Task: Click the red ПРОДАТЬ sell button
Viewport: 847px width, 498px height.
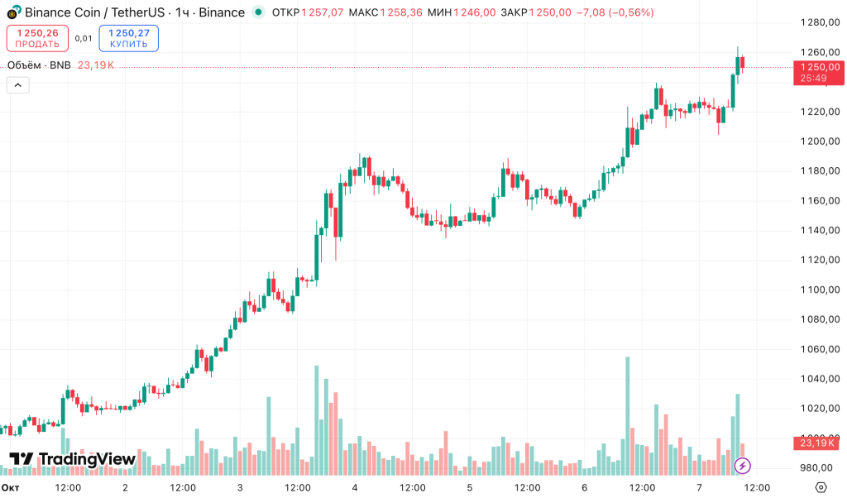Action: coord(37,38)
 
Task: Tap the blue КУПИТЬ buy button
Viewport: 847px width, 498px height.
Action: coord(128,38)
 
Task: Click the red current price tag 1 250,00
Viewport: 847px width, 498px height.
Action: coord(816,72)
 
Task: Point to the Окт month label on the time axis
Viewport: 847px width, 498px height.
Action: coord(10,487)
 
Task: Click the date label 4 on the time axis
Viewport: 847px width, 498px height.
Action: coord(355,487)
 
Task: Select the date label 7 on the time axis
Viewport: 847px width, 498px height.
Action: coord(700,487)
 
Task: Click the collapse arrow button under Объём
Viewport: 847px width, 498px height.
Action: coord(17,84)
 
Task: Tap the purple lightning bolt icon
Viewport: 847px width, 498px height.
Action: coord(743,465)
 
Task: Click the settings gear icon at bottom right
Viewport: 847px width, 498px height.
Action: coord(821,486)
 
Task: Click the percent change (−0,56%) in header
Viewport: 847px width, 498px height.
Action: coord(627,12)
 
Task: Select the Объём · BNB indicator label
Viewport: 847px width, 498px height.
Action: coord(39,65)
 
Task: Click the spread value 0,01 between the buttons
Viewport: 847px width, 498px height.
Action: coord(84,38)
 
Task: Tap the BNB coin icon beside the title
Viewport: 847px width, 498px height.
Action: coord(12,13)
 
